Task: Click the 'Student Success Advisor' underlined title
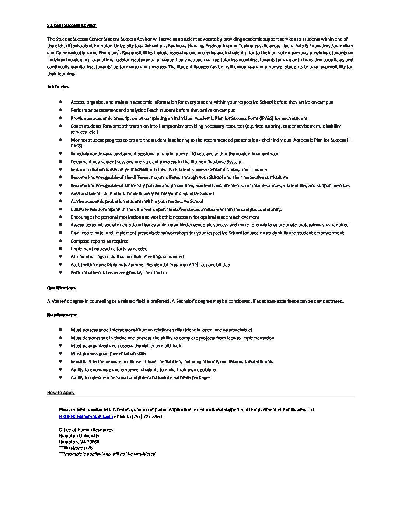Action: click(72, 25)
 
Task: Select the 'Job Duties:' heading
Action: click(58, 87)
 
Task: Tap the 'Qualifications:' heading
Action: click(62, 288)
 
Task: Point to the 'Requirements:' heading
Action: click(62, 315)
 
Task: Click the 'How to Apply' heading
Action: click(61, 393)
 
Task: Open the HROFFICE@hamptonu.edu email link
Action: click(86, 417)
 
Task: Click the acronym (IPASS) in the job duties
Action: click(266, 118)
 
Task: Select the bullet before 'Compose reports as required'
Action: click(60, 241)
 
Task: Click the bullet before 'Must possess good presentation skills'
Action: click(60, 353)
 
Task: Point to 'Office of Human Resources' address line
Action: click(86, 430)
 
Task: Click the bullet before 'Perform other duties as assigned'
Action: click(60, 272)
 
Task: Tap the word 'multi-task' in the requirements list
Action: click(171, 346)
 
